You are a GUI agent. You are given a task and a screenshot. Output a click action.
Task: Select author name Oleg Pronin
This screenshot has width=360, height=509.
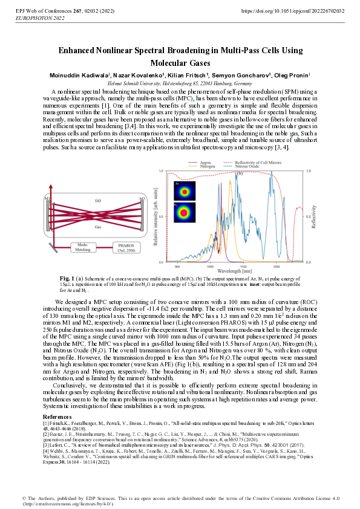290,75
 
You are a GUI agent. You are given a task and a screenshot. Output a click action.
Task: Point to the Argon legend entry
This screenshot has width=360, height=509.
205,163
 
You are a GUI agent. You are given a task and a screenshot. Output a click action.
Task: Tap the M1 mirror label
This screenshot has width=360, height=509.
47,198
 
